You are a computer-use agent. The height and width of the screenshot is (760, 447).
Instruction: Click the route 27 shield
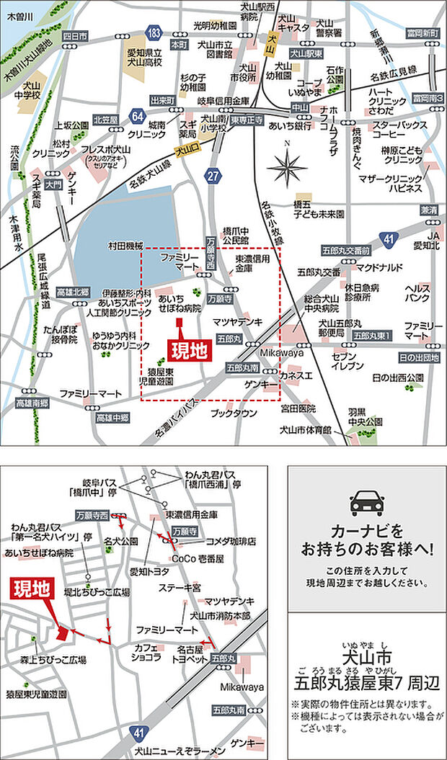tap(212, 174)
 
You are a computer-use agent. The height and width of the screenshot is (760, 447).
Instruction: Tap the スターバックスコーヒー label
tap(399, 129)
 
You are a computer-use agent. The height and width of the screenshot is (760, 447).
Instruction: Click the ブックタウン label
tap(234, 413)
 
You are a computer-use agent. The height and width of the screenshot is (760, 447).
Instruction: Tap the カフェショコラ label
tap(147, 653)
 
